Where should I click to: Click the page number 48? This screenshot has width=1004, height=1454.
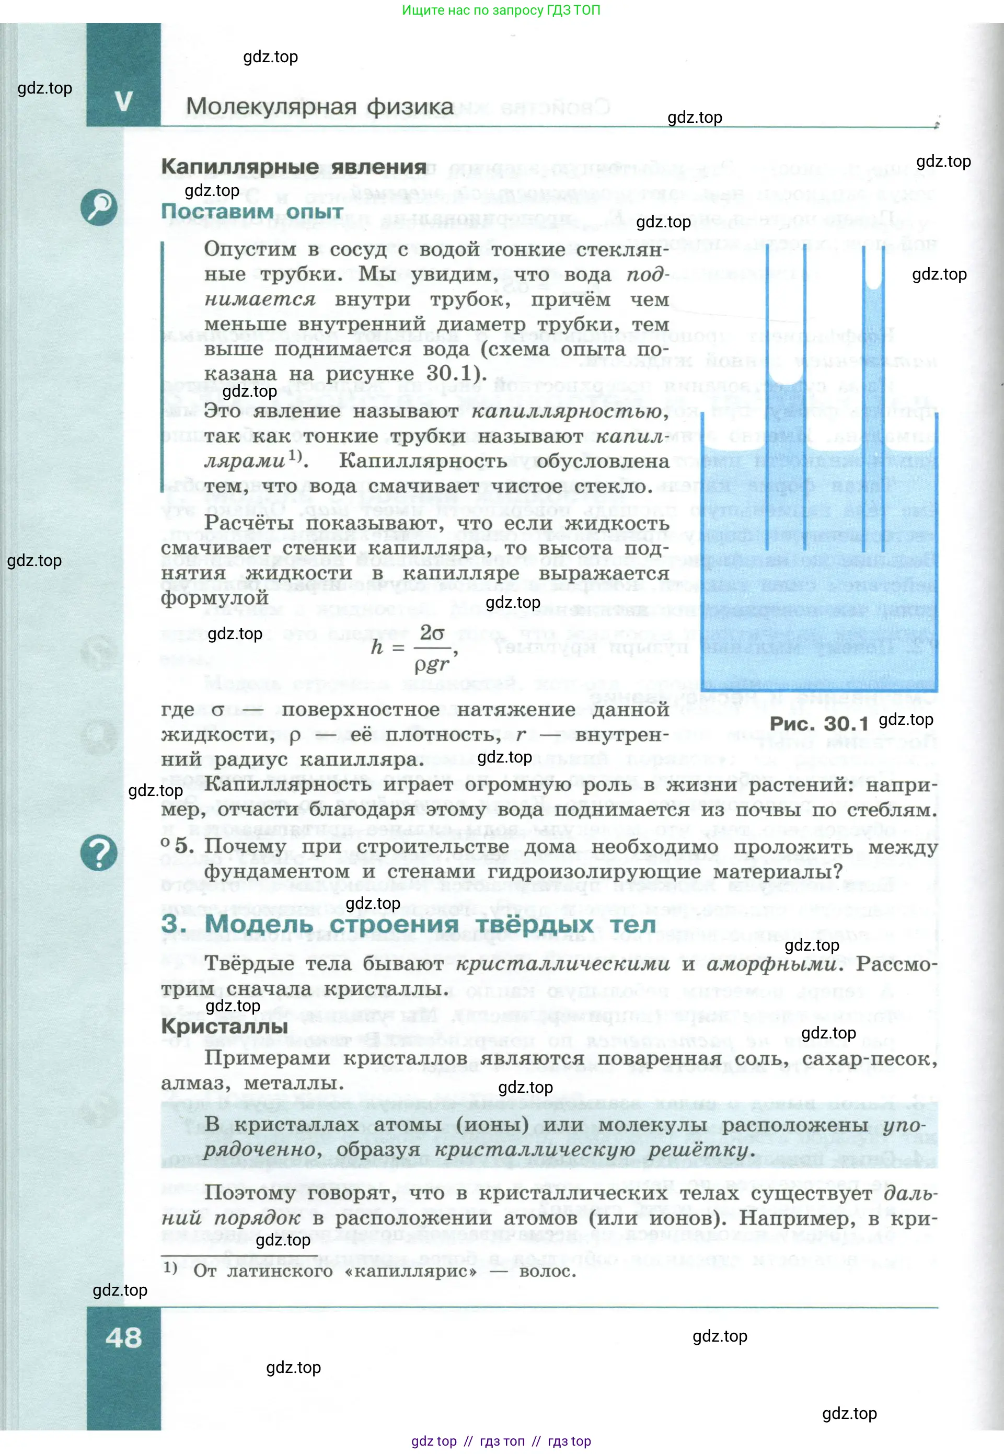point(123,1337)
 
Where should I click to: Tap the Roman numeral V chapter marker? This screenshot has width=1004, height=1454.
point(124,101)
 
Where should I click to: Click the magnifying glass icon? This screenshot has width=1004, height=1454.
point(99,207)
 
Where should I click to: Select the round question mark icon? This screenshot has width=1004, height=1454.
point(99,853)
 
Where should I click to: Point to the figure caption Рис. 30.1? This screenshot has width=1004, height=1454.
point(818,724)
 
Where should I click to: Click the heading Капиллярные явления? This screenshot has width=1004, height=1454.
point(294,167)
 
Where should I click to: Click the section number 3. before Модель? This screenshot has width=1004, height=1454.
point(174,925)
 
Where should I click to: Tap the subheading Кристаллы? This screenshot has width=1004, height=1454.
point(224,1026)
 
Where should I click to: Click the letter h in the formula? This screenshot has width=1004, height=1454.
point(377,647)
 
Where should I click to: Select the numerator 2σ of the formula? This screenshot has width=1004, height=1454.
point(432,633)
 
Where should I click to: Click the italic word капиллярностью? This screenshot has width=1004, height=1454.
point(568,411)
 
